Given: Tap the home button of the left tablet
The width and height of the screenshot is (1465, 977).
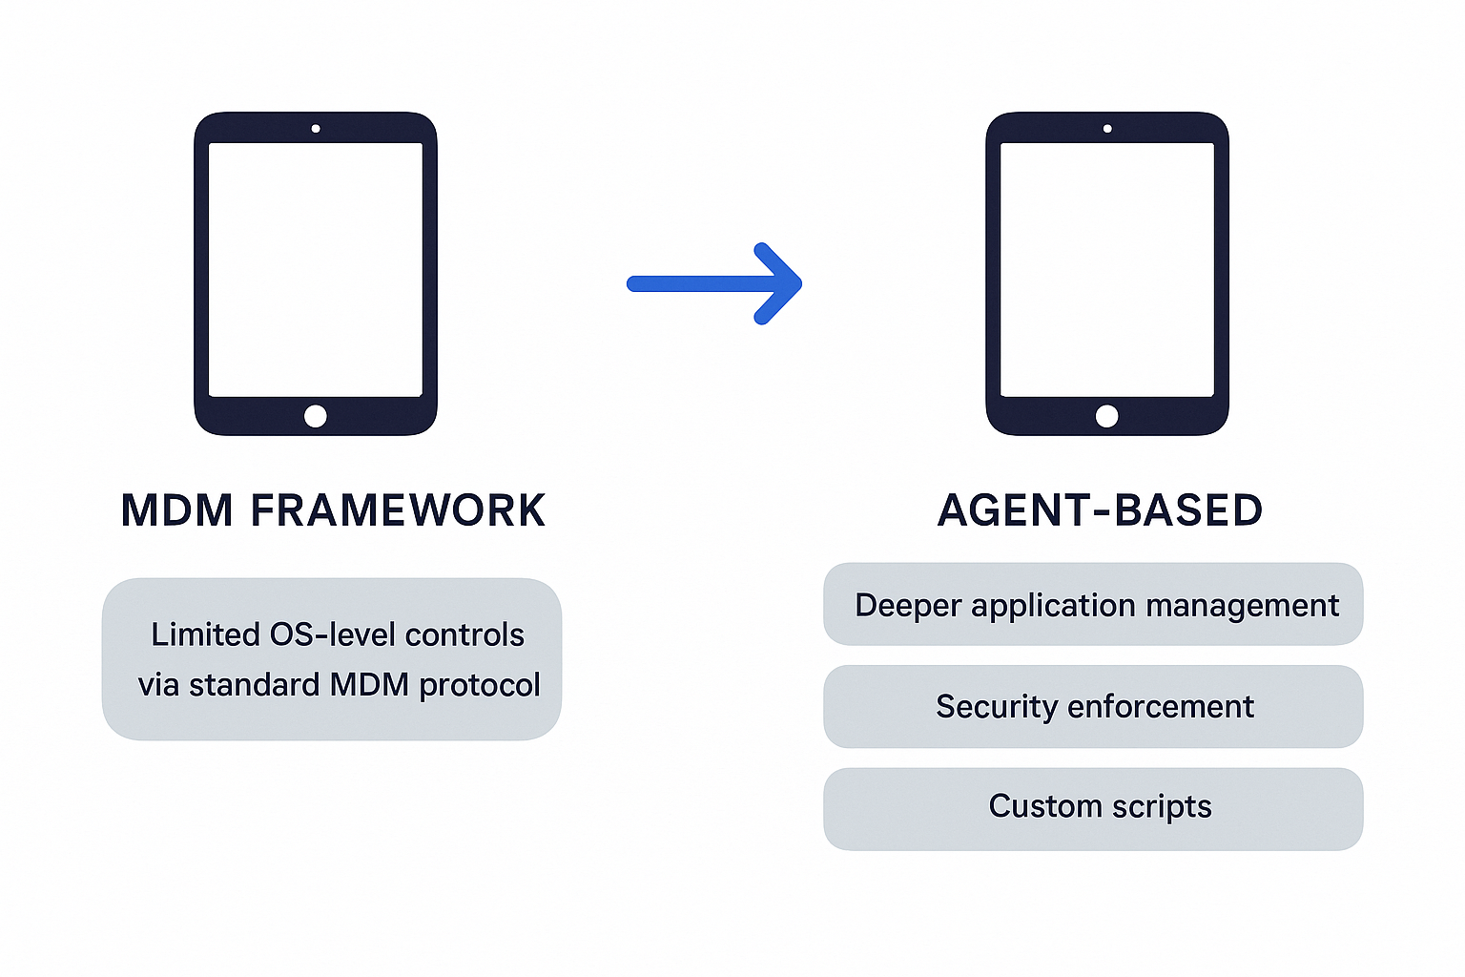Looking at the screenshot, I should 316,416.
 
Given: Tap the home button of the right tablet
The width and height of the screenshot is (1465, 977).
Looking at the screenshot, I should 1107,416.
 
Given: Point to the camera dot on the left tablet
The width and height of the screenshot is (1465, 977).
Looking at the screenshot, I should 316,129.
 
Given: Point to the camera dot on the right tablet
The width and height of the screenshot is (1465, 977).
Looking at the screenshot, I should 1107,129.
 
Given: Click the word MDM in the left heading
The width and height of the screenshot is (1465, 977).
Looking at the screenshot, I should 176,510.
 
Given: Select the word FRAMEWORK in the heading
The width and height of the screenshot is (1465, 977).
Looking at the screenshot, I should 398,510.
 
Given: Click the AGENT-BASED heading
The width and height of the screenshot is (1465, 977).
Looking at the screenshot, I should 1100,510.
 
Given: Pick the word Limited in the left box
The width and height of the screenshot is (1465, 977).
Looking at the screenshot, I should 206,634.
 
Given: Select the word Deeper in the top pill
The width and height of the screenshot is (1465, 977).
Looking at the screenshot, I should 908,606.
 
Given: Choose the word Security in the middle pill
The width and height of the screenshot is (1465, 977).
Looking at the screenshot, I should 997,706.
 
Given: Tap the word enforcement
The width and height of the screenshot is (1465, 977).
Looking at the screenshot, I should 1161,706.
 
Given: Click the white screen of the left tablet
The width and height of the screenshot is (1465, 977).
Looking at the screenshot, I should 316,269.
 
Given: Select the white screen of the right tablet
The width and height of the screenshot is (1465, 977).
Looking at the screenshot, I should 1107,269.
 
